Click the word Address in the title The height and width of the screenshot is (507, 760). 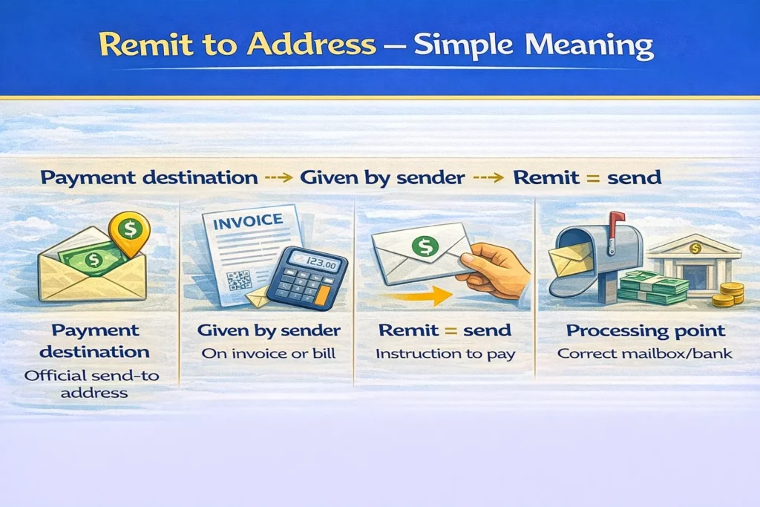click(x=311, y=44)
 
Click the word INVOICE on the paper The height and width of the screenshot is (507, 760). click(x=248, y=222)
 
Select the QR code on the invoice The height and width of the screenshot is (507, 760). click(x=239, y=280)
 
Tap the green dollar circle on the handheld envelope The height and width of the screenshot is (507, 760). click(x=425, y=246)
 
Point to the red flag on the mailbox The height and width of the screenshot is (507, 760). click(x=615, y=227)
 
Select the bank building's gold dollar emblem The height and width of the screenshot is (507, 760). click(x=695, y=248)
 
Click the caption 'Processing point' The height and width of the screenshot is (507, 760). click(x=646, y=331)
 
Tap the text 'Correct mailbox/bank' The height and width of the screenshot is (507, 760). click(x=645, y=353)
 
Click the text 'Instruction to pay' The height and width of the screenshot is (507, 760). click(x=445, y=354)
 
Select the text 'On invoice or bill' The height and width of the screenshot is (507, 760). click(x=269, y=353)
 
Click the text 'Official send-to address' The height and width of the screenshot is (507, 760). click(x=92, y=384)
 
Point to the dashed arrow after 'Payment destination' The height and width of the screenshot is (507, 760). click(x=279, y=178)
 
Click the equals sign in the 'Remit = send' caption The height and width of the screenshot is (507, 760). click(x=451, y=331)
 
